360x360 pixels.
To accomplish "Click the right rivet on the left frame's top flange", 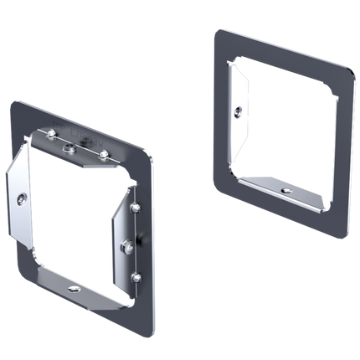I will [104, 155].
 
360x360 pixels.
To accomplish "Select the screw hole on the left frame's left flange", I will [21, 199].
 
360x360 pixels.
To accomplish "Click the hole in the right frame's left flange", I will [239, 109].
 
